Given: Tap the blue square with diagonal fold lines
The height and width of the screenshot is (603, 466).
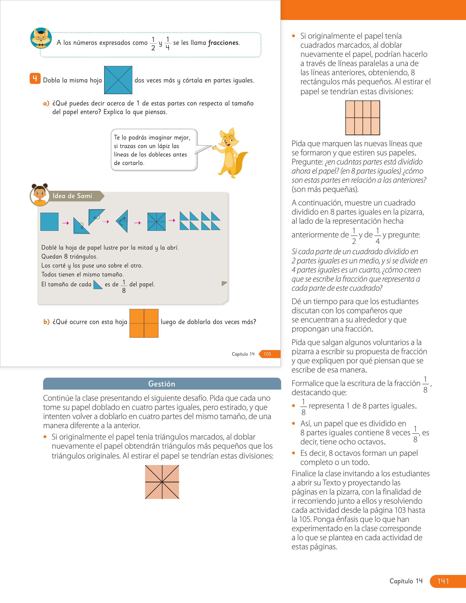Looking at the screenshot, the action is pos(118,80).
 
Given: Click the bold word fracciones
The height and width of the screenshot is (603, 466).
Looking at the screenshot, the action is pos(223,43).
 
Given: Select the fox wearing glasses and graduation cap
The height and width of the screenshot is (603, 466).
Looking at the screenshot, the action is pos(41,38).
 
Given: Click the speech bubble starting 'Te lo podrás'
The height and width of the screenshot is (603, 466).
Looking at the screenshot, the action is pos(154,150).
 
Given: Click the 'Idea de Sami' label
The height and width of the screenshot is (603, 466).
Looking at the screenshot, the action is pos(72,196).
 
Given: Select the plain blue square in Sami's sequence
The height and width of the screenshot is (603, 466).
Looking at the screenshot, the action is pos(49,222).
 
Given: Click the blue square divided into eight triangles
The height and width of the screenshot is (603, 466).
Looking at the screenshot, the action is pos(157,222).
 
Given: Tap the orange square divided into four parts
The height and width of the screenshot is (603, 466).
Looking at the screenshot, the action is pos(144,323).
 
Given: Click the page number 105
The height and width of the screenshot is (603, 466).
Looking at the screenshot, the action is pos(267,354).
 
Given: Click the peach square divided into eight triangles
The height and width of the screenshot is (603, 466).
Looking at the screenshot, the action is pos(162,482).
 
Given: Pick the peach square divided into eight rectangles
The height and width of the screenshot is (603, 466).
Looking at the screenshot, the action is pos(363,118).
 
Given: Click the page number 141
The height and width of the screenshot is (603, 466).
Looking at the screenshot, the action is pos(443,581).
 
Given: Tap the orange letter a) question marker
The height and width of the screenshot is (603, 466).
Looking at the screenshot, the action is pos(46,103).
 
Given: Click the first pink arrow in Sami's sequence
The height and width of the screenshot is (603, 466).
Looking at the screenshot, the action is pos(66,223).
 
